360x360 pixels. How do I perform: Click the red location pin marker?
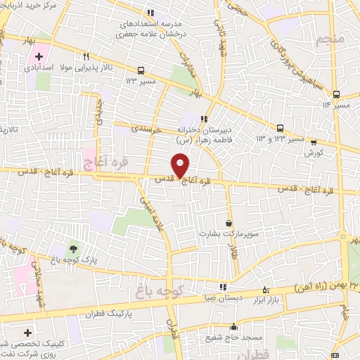click(x=181, y=165)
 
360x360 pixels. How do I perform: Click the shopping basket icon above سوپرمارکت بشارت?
click(x=228, y=222)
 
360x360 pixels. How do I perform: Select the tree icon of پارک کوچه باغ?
click(x=73, y=249)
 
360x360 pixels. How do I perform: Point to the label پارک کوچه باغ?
click(x=72, y=259)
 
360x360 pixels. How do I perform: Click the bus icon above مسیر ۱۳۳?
click(x=142, y=70)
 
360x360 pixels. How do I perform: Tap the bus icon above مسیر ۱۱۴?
click(x=337, y=94)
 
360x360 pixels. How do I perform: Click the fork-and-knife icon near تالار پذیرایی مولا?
click(x=86, y=57)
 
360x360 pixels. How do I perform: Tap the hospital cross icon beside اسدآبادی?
click(x=39, y=56)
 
